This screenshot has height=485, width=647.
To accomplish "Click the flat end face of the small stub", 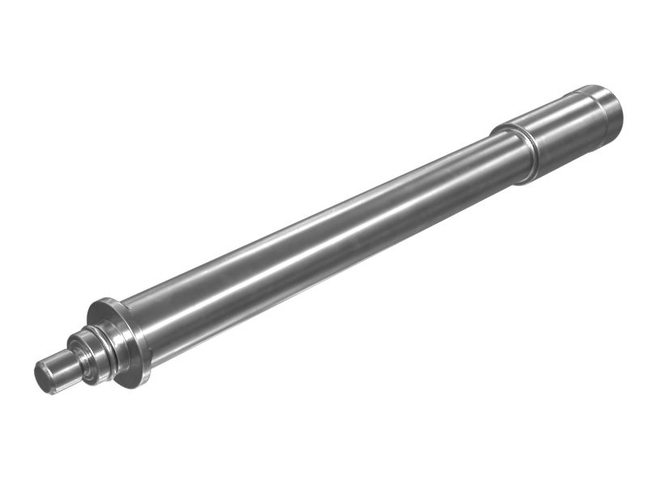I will coord(44,377).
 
